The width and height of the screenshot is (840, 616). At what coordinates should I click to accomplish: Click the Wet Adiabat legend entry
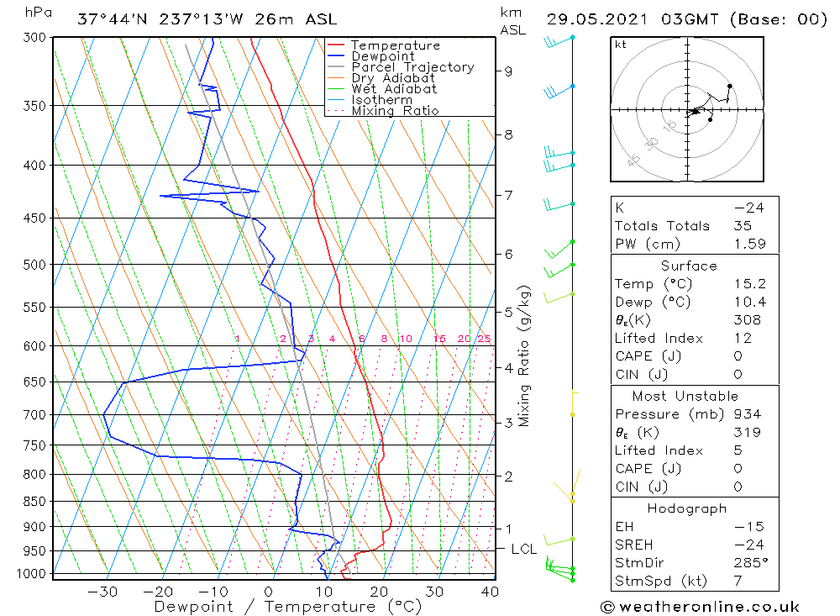coord(394,88)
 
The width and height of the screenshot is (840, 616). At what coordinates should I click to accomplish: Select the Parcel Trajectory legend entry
coord(412,67)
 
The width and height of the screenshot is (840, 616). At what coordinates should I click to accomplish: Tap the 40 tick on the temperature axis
coord(489,592)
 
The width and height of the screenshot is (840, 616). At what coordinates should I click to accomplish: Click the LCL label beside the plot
coord(523,550)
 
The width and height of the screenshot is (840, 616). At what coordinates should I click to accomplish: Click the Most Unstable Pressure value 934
coord(746,414)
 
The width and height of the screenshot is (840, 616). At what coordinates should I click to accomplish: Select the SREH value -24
coord(745,545)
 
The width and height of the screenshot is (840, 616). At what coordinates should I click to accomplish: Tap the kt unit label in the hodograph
coord(620,45)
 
